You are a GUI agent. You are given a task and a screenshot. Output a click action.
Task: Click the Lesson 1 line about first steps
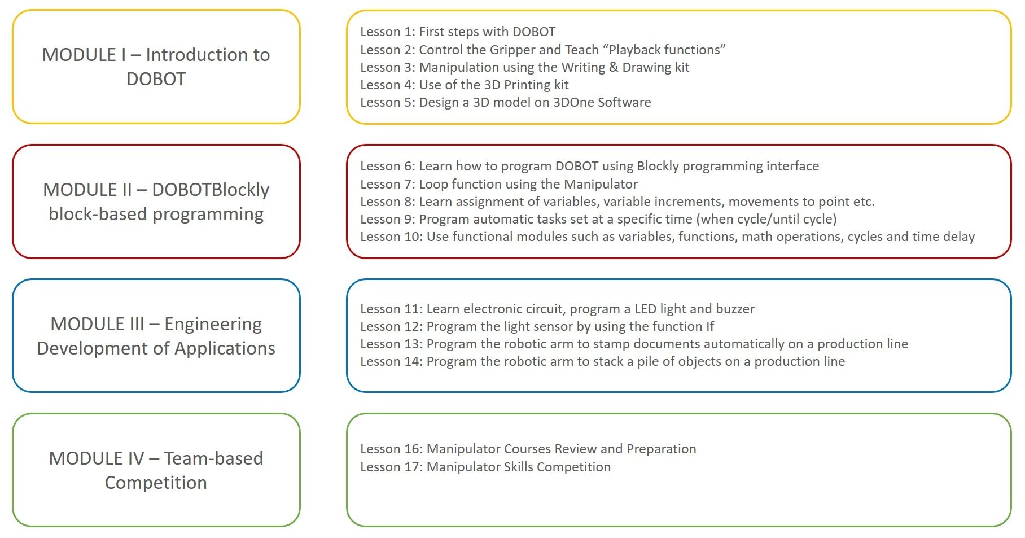(x=458, y=32)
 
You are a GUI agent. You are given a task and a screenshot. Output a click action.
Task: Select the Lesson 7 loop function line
(x=499, y=184)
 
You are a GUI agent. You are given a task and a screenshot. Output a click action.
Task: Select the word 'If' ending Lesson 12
(x=709, y=326)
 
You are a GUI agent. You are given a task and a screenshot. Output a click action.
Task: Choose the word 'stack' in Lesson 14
(x=606, y=361)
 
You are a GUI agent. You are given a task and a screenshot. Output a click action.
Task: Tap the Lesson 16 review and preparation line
(x=528, y=449)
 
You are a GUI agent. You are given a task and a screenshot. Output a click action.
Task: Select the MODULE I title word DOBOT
(x=156, y=79)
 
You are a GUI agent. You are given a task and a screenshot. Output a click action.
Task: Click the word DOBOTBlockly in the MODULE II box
(x=211, y=190)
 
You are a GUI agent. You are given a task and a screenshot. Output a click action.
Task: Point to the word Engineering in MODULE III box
(x=213, y=324)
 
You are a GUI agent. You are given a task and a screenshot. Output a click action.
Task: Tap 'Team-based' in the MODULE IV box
(x=213, y=458)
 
